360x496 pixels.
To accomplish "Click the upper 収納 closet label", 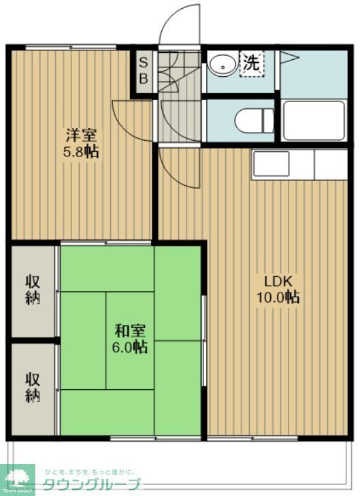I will (33, 289).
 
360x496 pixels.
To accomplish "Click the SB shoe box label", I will (144, 70).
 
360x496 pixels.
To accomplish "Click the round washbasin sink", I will (220, 65).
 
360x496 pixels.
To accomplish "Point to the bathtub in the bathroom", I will (314, 120).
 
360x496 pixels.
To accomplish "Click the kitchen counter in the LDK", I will (299, 165).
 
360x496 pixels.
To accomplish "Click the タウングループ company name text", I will (92, 484).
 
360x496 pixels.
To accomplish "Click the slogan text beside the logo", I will (89, 472).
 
